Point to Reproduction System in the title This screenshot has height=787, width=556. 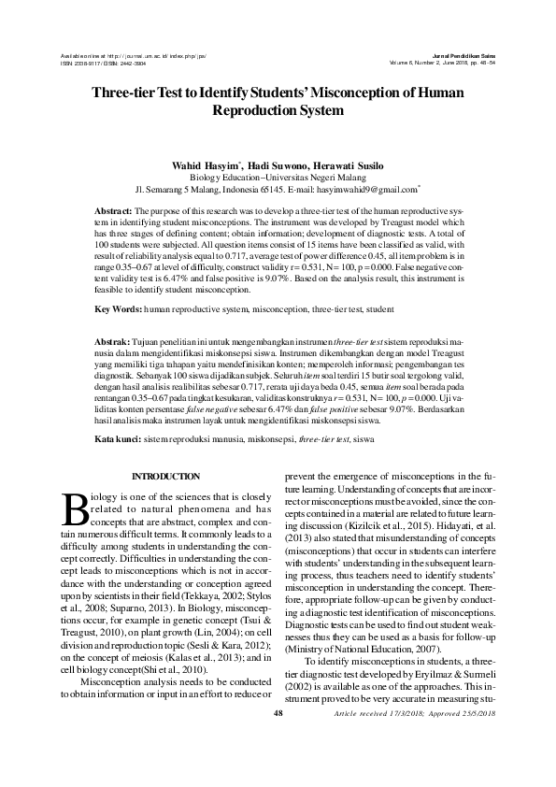pyautogui.click(x=278, y=110)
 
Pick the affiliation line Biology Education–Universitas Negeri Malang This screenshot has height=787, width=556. pyautogui.click(x=278, y=176)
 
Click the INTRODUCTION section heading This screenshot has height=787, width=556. pyautogui.click(x=165, y=477)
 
